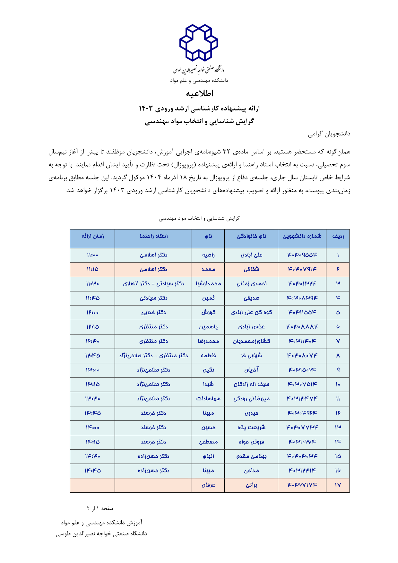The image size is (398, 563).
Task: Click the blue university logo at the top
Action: coord(199,43)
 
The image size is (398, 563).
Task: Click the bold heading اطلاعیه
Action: coord(199,93)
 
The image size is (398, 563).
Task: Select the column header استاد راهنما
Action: coord(153,236)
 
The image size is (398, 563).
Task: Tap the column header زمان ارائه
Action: coord(92,236)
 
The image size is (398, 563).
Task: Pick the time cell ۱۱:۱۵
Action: coord(92,269)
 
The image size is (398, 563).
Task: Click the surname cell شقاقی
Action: coord(251,269)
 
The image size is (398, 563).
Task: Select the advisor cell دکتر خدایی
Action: coord(153,312)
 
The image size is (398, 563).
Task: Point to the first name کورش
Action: coord(208,312)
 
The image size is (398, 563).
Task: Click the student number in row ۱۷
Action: coord(302,485)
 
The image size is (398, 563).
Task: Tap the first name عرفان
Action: coord(208,485)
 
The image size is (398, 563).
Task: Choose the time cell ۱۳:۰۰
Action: coord(92,370)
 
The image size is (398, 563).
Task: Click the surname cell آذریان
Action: coord(251,370)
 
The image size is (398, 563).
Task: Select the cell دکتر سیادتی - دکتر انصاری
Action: coord(153,284)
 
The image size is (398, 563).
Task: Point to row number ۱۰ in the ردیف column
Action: coord(338,384)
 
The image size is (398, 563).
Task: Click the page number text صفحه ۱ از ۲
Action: coord(100,508)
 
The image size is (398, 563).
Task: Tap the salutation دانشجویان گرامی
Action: coord(329,134)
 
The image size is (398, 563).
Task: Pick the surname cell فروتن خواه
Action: coord(251,442)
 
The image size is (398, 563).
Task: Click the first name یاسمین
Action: coord(208,327)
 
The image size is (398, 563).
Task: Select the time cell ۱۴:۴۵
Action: coord(92,471)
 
